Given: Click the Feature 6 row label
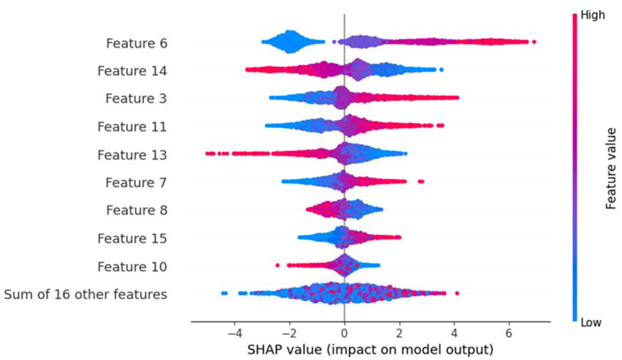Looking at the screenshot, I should click(137, 43).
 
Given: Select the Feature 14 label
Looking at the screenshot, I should click(132, 71).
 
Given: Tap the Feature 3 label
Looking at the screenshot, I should click(136, 98).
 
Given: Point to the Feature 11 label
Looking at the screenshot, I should click(132, 126).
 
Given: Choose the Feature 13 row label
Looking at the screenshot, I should click(132, 155).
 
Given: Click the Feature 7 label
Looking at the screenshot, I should click(136, 183).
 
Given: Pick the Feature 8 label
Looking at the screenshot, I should click(137, 210).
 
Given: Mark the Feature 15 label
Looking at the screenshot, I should click(132, 238).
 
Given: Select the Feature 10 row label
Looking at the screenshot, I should click(132, 267).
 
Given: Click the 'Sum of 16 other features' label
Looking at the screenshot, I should click(86, 294).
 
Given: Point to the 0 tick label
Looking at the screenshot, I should click(344, 334).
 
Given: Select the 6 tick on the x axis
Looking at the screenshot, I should click(509, 334).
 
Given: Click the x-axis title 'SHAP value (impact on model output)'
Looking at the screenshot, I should click(370, 349).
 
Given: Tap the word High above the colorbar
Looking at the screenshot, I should click(593, 15).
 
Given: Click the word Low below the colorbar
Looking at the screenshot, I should click(591, 323).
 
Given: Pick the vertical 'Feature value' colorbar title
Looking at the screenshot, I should click(611, 169).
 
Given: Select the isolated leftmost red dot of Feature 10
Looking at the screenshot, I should click(277, 265).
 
